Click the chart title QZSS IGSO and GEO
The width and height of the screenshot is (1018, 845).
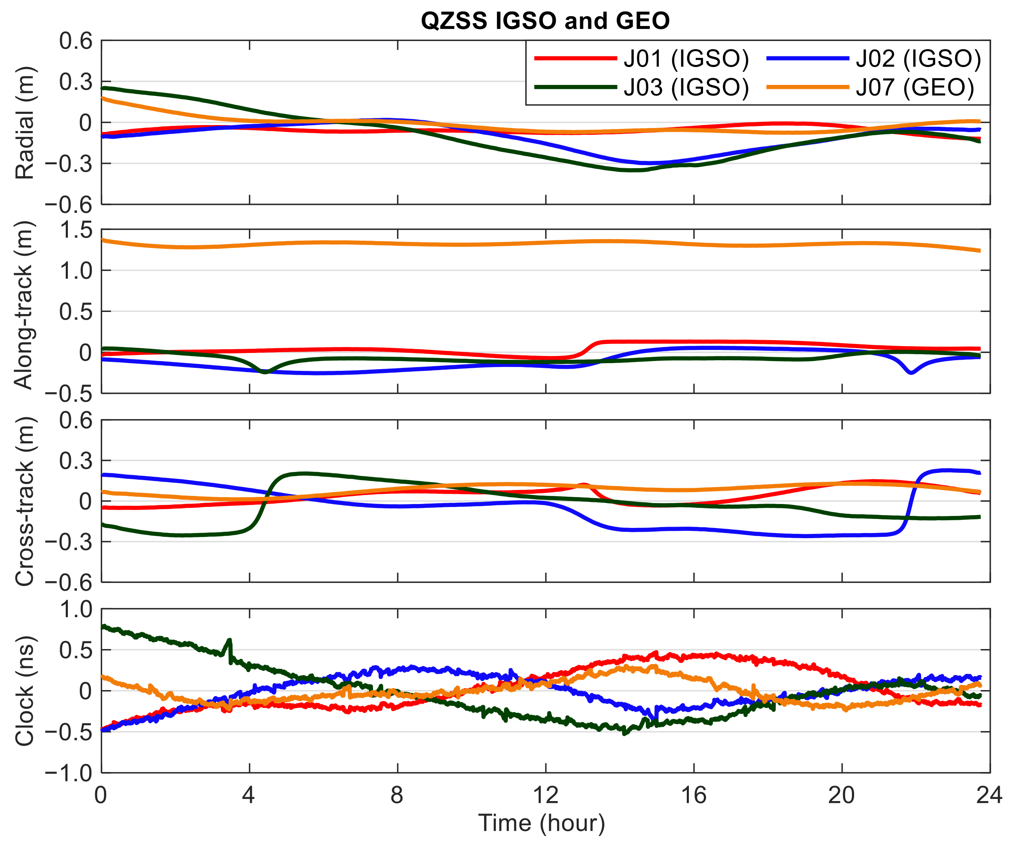(x=545, y=21)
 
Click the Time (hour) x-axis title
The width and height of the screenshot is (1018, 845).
(x=542, y=823)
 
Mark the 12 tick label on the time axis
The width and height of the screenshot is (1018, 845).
(x=545, y=795)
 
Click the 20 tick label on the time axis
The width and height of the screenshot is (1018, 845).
(x=842, y=795)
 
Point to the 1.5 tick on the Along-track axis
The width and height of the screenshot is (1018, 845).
(x=76, y=230)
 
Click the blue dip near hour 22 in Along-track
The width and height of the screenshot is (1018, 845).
(x=911, y=372)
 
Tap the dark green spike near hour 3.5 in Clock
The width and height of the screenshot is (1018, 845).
(x=230, y=641)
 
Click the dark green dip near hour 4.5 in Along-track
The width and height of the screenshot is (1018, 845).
(x=265, y=372)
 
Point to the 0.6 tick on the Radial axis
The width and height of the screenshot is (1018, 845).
(x=76, y=42)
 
